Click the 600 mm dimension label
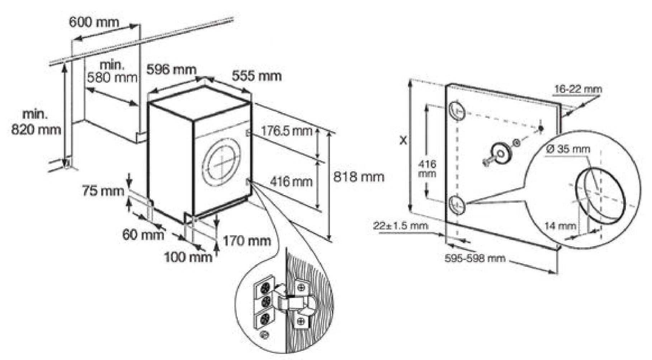pos(94,22)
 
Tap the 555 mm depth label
pos(256,76)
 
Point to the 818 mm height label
pos(359,177)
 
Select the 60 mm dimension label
pos(143,235)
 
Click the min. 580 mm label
pos(112,71)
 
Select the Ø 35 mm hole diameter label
pos(568,149)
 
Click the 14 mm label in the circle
pos(560,226)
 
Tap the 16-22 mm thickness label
pos(578,89)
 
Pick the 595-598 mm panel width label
pos(475,258)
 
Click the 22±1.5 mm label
pos(401,226)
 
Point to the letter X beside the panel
pos(403,141)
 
